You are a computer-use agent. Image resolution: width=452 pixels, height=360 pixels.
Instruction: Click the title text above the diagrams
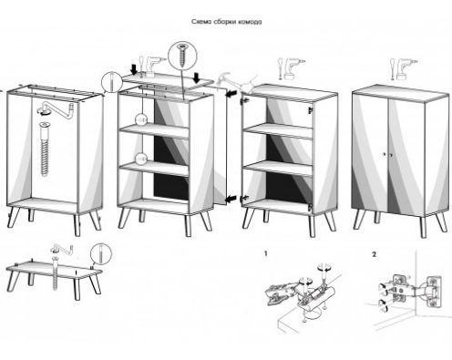click(226, 22)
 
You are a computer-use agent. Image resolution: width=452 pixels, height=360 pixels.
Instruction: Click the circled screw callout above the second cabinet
click(182, 56)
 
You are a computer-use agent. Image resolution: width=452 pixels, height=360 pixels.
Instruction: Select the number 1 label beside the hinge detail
click(266, 253)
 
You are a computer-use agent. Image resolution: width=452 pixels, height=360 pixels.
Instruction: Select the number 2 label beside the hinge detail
click(374, 254)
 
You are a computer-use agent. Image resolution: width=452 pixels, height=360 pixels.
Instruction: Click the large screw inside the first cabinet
click(45, 149)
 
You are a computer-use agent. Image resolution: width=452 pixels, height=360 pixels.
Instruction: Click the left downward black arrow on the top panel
click(134, 69)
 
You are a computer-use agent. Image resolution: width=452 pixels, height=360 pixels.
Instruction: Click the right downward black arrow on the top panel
click(197, 77)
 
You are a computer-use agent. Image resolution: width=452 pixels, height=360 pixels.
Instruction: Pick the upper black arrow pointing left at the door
click(231, 93)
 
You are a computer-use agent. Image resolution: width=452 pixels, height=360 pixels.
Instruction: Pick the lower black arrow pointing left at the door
click(231, 199)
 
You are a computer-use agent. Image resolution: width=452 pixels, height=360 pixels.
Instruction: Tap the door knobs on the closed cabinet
click(387, 155)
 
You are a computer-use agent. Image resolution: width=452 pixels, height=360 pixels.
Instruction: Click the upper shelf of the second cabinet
click(154, 130)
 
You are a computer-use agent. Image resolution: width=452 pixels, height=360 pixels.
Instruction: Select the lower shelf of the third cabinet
click(278, 168)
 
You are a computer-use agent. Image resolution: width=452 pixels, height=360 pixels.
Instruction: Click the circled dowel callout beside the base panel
click(101, 253)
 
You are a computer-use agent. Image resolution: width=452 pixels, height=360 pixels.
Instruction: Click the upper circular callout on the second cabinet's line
click(141, 119)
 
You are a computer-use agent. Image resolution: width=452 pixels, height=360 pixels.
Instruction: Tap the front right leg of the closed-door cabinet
click(424, 227)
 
